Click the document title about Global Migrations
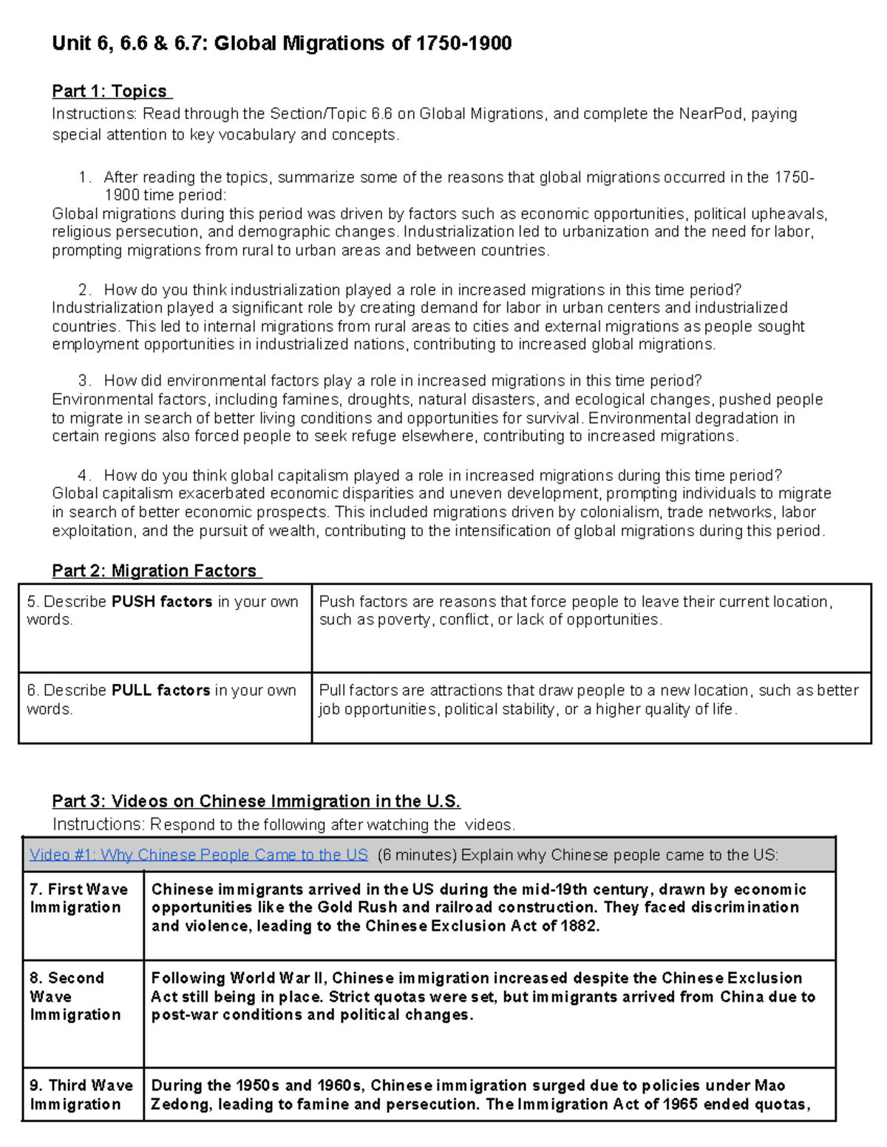click(282, 44)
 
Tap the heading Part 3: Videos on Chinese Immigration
click(256, 801)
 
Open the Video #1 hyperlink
click(198, 855)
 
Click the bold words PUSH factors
click(162, 602)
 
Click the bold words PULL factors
click(161, 691)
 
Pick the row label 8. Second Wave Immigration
click(75, 996)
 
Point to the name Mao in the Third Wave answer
click(769, 1086)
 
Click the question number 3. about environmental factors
click(84, 381)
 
